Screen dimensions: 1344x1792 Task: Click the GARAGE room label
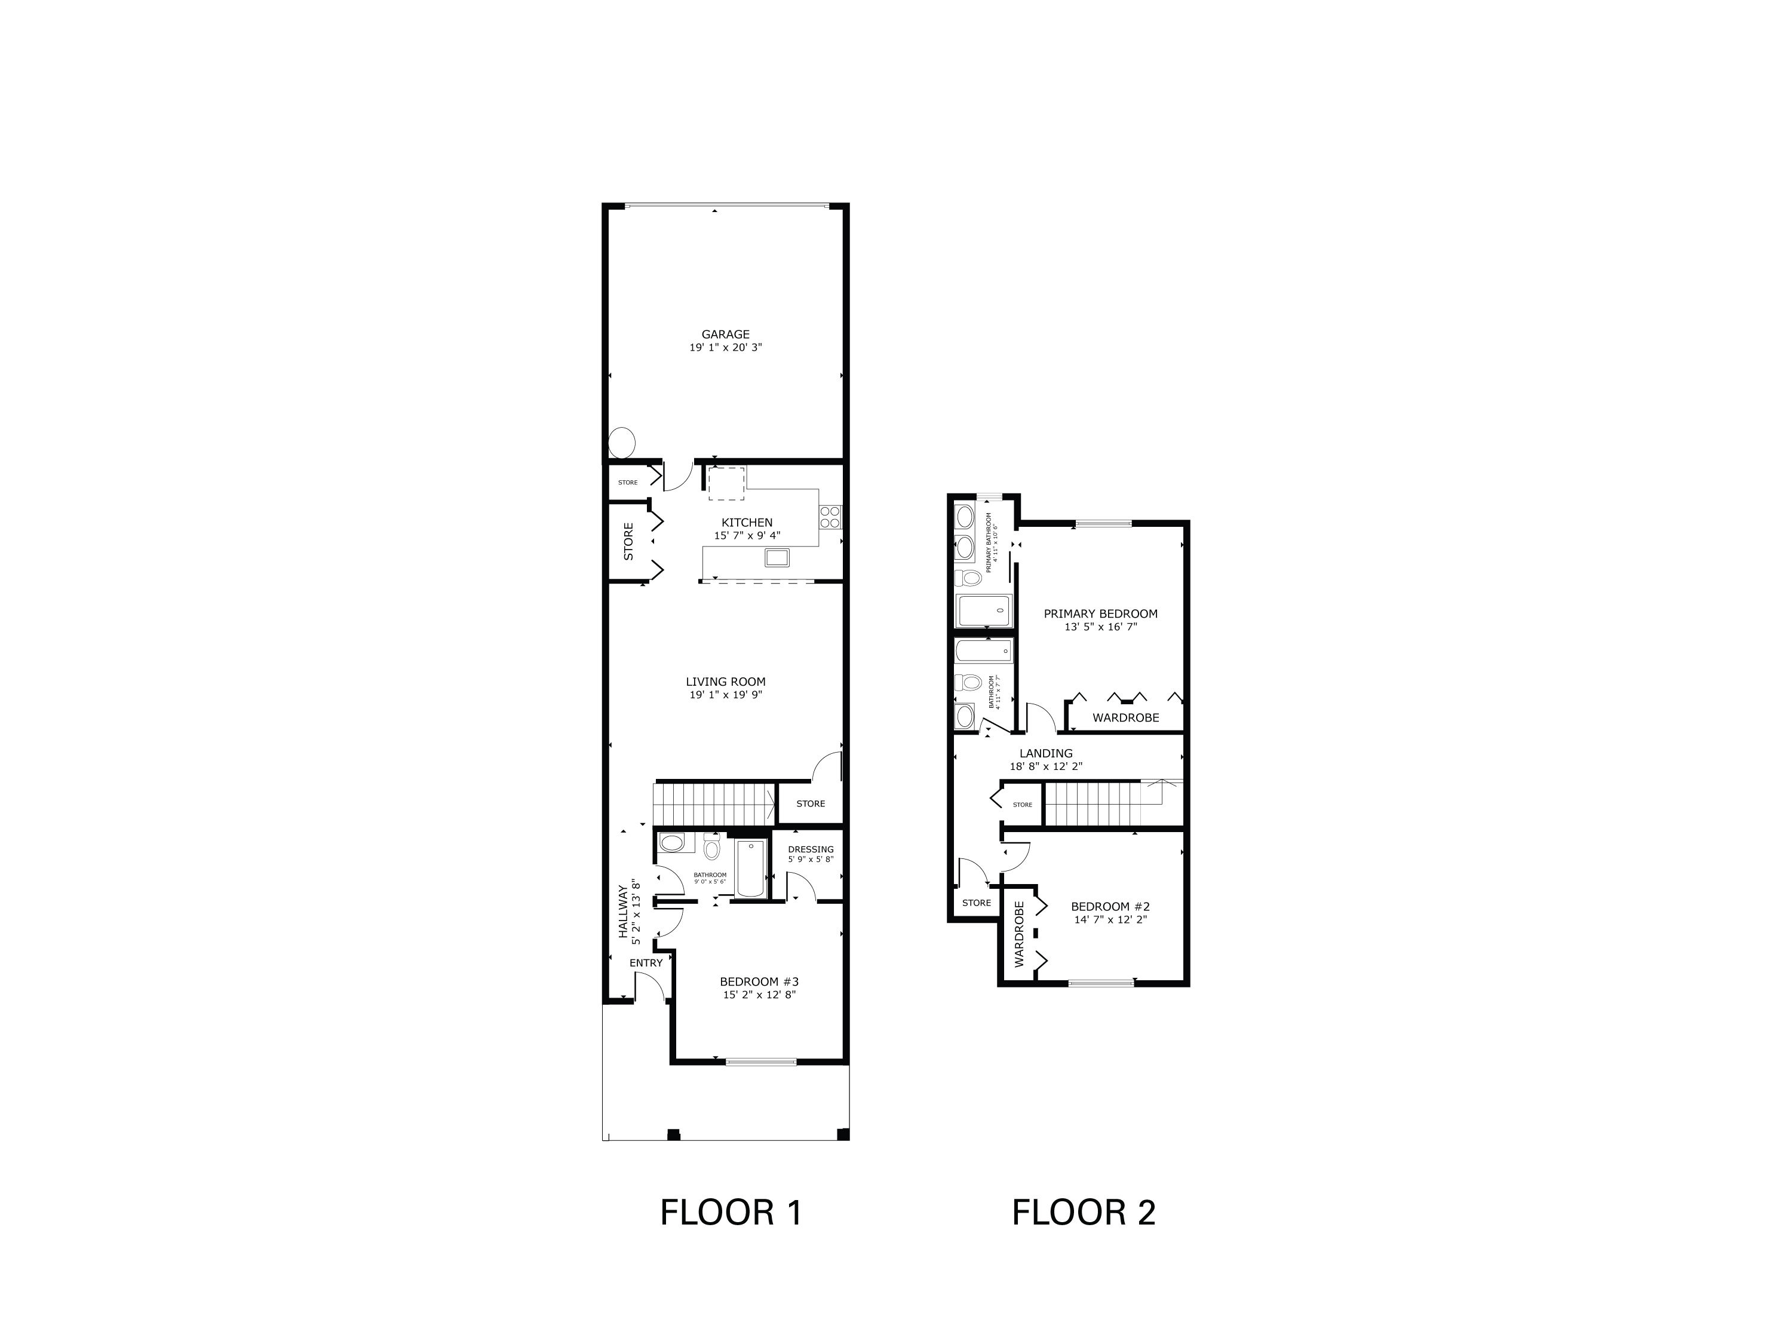(725, 334)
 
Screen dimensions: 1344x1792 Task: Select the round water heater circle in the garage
(622, 443)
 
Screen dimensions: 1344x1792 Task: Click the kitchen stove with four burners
(830, 516)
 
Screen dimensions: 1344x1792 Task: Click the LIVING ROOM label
(725, 682)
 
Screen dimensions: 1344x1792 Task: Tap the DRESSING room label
(810, 849)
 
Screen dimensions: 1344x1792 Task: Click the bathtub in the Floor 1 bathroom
(750, 868)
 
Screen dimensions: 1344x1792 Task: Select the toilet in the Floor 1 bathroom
(712, 848)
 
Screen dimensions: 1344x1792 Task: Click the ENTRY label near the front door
(646, 962)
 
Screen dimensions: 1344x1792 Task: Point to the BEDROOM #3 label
(759, 981)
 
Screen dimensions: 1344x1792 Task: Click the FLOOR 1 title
(731, 1212)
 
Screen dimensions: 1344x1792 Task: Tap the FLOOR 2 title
(1083, 1212)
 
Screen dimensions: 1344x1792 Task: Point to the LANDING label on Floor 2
(1046, 753)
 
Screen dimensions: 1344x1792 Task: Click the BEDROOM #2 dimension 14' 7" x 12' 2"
(1110, 919)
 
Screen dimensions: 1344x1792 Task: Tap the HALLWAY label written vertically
(624, 910)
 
